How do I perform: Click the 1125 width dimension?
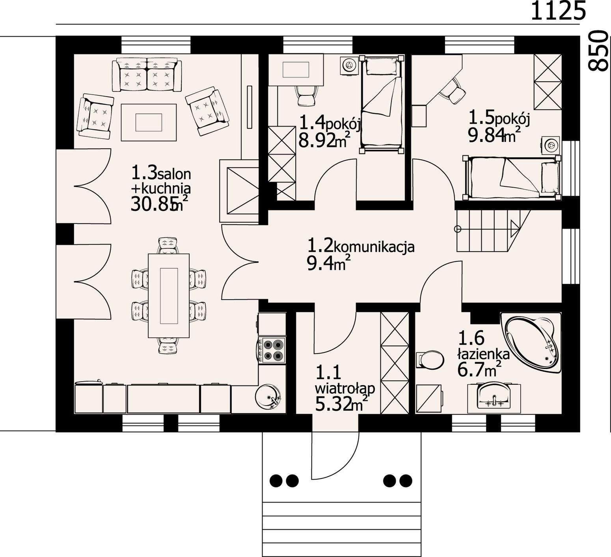[x=558, y=11]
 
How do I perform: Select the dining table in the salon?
[x=168, y=296]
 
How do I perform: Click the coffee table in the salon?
[x=149, y=122]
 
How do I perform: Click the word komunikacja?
[x=374, y=248]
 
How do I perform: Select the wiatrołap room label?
[x=345, y=388]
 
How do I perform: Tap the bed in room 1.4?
[x=382, y=104]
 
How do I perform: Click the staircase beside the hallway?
[x=493, y=231]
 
